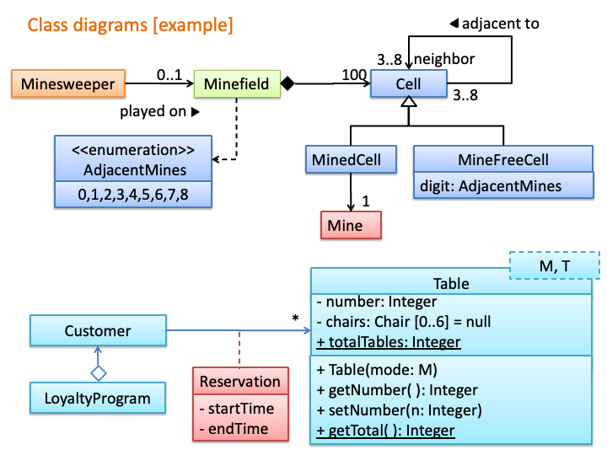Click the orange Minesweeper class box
pyautogui.click(x=68, y=83)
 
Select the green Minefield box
pyautogui.click(x=237, y=83)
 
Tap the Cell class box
pyautogui.click(x=409, y=83)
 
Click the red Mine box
pyautogui.click(x=351, y=225)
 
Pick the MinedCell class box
pyautogui.click(x=351, y=159)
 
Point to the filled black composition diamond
pyautogui.click(x=287, y=83)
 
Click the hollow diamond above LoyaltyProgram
pyautogui.click(x=99, y=373)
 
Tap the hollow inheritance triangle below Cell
pyautogui.click(x=409, y=102)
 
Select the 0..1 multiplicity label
pyautogui.click(x=169, y=74)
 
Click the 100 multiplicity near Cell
pyautogui.click(x=354, y=74)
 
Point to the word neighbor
pyautogui.click(x=444, y=59)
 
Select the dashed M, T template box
pyautogui.click(x=555, y=265)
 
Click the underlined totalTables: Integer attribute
pyautogui.click(x=389, y=342)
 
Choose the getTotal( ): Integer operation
pyautogui.click(x=385, y=431)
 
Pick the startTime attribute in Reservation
pyautogui.click(x=237, y=409)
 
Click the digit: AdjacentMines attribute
pyautogui.click(x=491, y=186)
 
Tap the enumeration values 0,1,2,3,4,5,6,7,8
pyautogui.click(x=133, y=195)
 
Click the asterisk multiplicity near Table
pyautogui.click(x=295, y=318)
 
